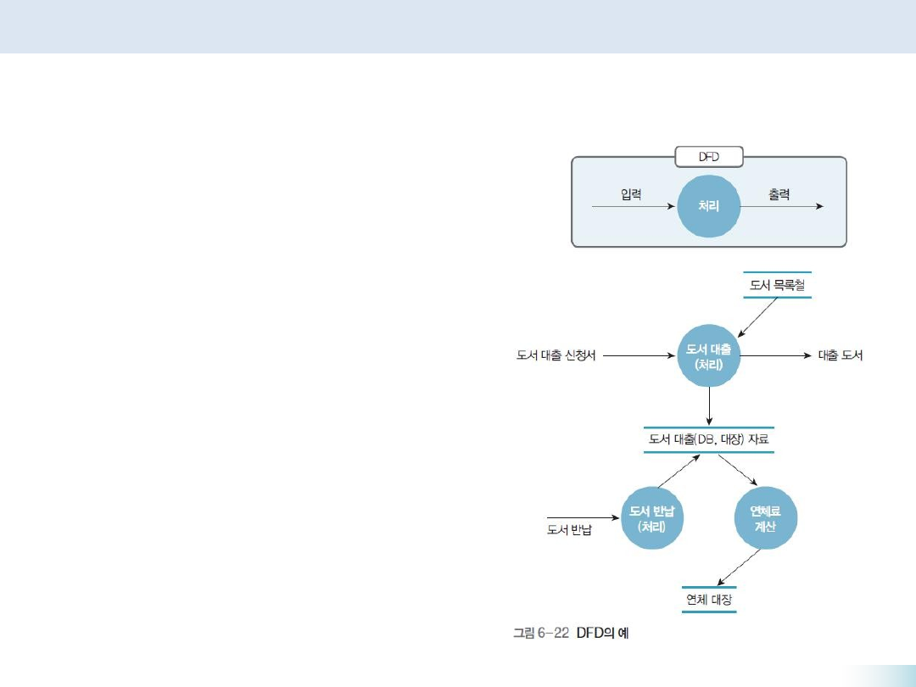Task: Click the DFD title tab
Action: [x=709, y=157]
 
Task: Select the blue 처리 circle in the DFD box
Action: [x=709, y=206]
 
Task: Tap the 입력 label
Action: [x=629, y=194]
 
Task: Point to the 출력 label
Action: [x=779, y=194]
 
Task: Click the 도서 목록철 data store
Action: [x=777, y=286]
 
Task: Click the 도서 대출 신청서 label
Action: [x=556, y=356]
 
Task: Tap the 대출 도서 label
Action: [x=840, y=356]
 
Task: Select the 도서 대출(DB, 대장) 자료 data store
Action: [x=709, y=439]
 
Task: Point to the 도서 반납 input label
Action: [x=569, y=531]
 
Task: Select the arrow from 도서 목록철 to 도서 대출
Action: [x=757, y=317]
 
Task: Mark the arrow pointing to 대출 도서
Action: [x=776, y=356]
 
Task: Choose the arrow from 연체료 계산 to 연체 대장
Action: [x=737, y=567]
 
